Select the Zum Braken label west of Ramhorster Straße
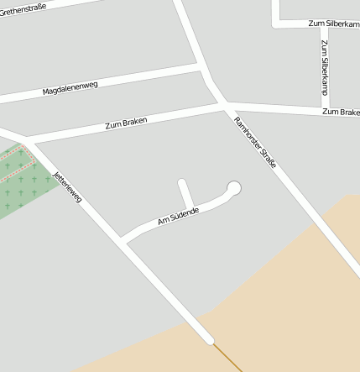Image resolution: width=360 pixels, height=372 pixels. click(126, 123)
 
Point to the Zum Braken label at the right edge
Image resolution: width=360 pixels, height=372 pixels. click(340, 111)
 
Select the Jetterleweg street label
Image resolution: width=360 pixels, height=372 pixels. click(67, 186)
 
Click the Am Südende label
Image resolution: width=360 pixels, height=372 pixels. click(177, 216)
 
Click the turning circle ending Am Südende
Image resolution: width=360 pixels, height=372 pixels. click(234, 188)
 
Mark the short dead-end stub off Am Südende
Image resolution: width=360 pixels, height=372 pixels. click(185, 191)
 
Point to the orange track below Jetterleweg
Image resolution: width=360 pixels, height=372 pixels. click(227, 357)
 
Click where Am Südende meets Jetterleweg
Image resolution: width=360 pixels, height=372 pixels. click(123, 242)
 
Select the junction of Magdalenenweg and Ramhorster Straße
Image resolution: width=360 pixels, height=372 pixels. click(201, 65)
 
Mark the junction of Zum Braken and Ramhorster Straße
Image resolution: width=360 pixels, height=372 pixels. click(224, 104)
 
